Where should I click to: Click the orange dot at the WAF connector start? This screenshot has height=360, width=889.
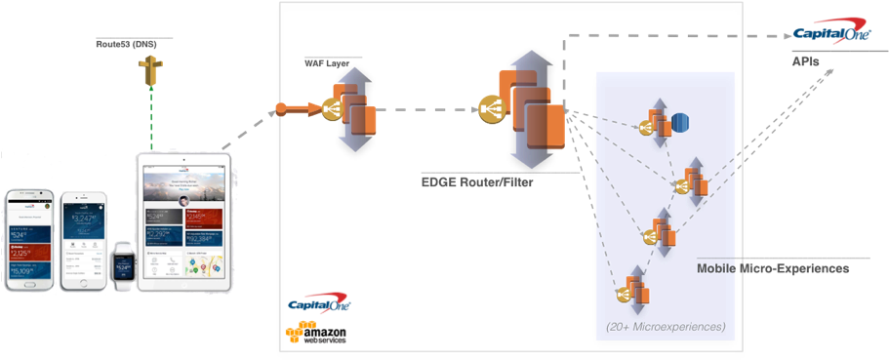click(x=281, y=107)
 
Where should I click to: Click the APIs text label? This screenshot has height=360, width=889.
click(x=806, y=60)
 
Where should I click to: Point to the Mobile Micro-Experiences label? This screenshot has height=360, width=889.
click(x=772, y=267)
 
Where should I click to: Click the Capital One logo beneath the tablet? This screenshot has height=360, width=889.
click(x=319, y=305)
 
